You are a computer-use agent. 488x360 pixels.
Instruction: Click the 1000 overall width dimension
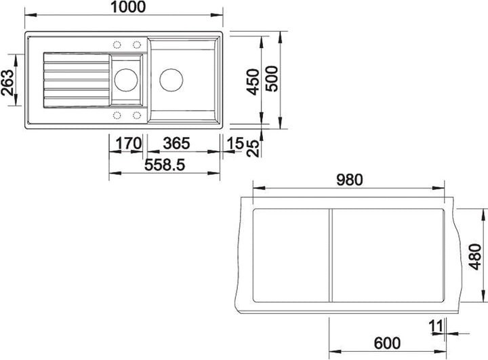[x=128, y=7]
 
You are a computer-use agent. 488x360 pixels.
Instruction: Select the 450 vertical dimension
[x=253, y=82]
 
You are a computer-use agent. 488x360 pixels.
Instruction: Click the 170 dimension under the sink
[x=129, y=144]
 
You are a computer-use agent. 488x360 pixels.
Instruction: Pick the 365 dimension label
[x=176, y=144]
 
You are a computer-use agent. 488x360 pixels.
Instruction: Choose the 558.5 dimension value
[x=165, y=165]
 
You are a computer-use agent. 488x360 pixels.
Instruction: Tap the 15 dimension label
[x=235, y=144]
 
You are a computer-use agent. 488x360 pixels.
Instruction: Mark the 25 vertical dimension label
[x=253, y=148]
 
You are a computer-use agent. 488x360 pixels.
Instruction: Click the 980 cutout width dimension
[x=350, y=180]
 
